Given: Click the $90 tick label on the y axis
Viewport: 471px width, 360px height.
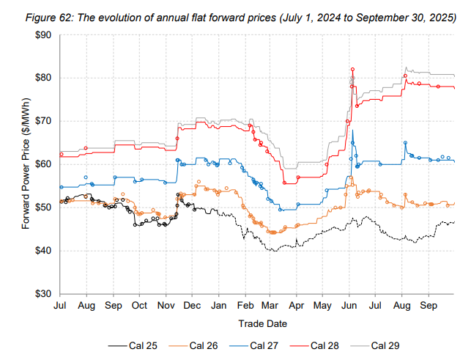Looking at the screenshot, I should point(41,34).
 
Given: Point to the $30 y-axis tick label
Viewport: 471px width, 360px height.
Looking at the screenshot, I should point(41,294).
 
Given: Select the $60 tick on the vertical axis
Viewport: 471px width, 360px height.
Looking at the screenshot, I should point(41,164).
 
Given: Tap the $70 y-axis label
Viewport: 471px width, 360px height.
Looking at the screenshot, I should point(41,121).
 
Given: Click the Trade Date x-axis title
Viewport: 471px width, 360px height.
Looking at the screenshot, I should point(262,323).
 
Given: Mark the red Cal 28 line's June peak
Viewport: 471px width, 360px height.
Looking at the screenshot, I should point(352,69).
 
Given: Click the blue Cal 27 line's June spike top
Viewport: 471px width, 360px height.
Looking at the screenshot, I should point(353,131).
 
